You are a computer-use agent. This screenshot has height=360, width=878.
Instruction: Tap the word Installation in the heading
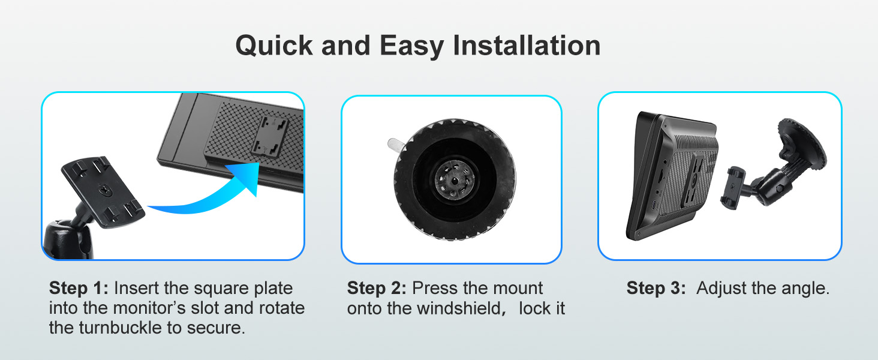[x=527, y=46]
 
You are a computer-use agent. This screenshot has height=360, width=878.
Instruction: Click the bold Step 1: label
[x=79, y=288]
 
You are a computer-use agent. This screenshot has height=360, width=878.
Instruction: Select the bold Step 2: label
[x=377, y=288]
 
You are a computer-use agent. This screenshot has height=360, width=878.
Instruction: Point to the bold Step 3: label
[x=656, y=288]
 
